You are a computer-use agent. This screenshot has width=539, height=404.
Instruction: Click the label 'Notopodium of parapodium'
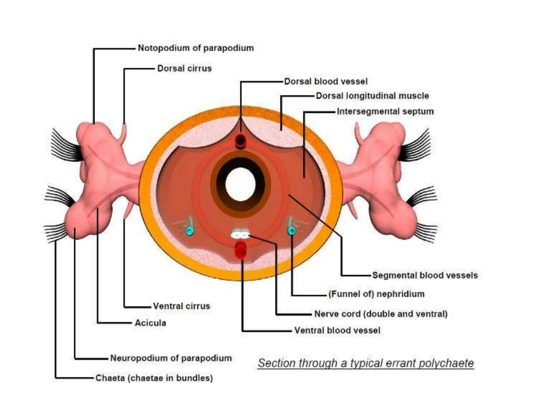tap(196, 48)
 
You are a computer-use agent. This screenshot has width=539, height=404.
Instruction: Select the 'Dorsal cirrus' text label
tap(184, 68)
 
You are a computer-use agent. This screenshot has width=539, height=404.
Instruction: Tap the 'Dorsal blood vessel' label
tap(326, 82)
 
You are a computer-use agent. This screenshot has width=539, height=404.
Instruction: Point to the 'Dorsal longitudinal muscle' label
tap(372, 96)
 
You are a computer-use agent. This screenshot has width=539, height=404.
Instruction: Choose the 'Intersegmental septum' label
tap(385, 112)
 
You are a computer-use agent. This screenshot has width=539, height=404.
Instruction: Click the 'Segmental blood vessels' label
tap(425, 275)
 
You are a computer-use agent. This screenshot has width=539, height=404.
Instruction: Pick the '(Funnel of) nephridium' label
tap(376, 294)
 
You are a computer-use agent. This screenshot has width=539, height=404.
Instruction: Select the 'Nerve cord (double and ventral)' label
tap(381, 314)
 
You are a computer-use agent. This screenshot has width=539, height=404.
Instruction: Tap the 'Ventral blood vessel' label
tap(337, 330)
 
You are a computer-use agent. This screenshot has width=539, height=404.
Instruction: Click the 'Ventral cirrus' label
tap(182, 306)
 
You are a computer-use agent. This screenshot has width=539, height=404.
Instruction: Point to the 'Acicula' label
tap(150, 323)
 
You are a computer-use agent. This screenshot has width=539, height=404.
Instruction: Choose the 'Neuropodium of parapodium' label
tap(171, 358)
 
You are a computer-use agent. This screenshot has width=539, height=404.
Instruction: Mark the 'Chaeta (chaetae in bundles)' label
tap(154, 378)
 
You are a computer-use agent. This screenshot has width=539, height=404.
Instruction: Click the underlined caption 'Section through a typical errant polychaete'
tap(366, 363)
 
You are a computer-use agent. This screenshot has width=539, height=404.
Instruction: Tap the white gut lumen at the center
tap(240, 184)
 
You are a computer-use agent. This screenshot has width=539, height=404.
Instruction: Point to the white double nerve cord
tap(240, 234)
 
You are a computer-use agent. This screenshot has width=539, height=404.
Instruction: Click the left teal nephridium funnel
tap(189, 231)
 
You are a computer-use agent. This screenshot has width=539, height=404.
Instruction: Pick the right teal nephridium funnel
tap(291, 231)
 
